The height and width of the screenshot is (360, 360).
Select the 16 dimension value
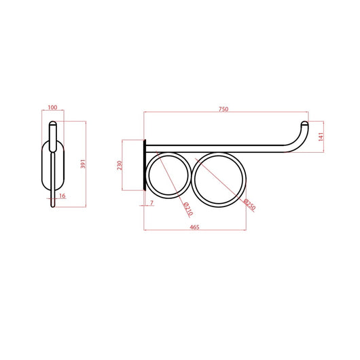(x=62, y=196)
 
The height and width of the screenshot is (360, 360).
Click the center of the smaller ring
(x=168, y=175)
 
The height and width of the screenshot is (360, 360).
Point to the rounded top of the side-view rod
(x=53, y=124)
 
